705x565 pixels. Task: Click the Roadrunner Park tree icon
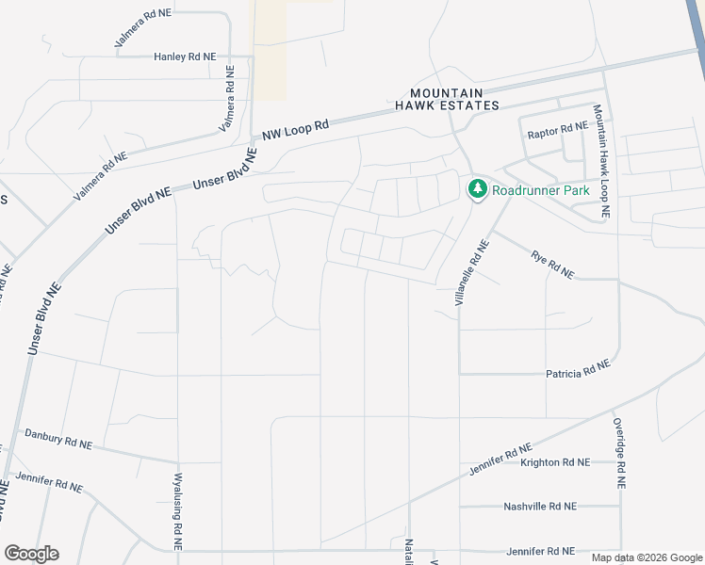pyautogui.click(x=477, y=189)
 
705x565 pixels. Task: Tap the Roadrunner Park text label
pyautogui.click(x=541, y=190)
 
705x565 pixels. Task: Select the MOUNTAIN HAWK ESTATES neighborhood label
pyautogui.click(x=454, y=99)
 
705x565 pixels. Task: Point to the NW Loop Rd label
pyautogui.click(x=296, y=129)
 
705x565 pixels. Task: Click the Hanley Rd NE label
pyautogui.click(x=185, y=57)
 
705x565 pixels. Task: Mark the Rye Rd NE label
pyautogui.click(x=553, y=264)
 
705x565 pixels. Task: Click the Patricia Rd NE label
pyautogui.click(x=578, y=369)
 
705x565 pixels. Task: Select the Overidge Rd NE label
pyautogui.click(x=619, y=453)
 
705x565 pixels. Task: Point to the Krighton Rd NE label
pyautogui.click(x=554, y=462)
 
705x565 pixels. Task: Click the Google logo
pyautogui.click(x=31, y=554)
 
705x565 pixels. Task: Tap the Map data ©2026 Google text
pyautogui.click(x=647, y=557)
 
